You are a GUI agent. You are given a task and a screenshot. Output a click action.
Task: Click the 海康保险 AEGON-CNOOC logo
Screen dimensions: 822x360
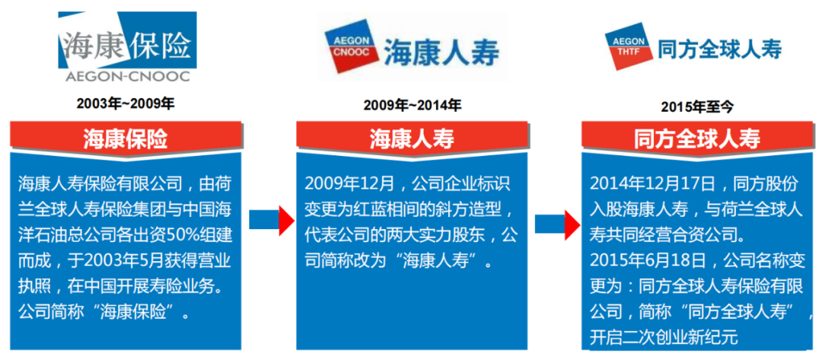pyautogui.click(x=127, y=47)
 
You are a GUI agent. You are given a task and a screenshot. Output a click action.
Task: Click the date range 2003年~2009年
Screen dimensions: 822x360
pyautogui.click(x=126, y=104)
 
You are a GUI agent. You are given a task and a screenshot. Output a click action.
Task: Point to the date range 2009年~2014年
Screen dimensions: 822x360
pyautogui.click(x=413, y=105)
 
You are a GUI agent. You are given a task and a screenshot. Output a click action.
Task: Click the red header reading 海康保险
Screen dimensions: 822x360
pyautogui.click(x=126, y=138)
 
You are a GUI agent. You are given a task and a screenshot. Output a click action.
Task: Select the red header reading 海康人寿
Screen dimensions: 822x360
pyautogui.click(x=412, y=139)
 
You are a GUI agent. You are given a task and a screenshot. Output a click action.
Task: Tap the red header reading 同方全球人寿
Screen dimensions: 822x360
pyautogui.click(x=698, y=139)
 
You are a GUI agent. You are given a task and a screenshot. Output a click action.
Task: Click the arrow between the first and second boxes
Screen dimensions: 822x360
pyautogui.click(x=272, y=219)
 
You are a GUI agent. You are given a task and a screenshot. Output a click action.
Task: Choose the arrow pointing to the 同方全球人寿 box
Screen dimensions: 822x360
pyautogui.click(x=557, y=225)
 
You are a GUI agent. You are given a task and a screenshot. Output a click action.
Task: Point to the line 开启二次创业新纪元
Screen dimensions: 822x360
pyautogui.click(x=664, y=337)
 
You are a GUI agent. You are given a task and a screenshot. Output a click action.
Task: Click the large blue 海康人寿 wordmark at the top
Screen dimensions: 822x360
pyautogui.click(x=442, y=52)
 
